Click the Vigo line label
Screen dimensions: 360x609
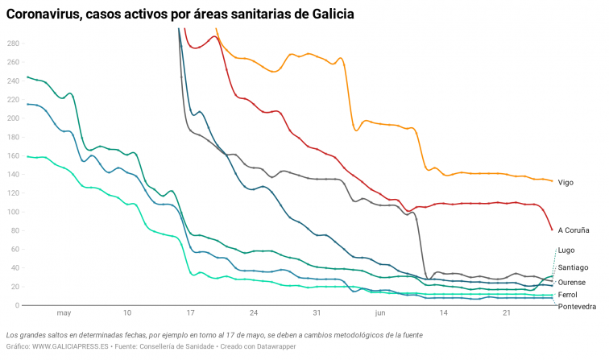tap(565, 183)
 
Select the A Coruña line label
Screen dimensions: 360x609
tap(573, 230)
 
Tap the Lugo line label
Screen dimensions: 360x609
tap(565, 250)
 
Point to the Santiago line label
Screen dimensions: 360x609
tap(573, 267)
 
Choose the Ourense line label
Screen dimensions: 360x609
tap(571, 282)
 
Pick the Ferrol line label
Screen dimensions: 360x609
tap(567, 295)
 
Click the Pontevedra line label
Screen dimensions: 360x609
tap(577, 307)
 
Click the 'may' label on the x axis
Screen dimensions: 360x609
tap(64, 313)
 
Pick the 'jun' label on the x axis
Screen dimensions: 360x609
tap(380, 313)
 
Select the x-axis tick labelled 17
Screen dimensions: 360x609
tap(190, 313)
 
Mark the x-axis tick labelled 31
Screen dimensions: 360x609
tap(317, 313)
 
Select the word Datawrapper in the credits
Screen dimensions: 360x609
tap(273, 346)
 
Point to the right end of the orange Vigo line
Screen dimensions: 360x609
tap(552, 181)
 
